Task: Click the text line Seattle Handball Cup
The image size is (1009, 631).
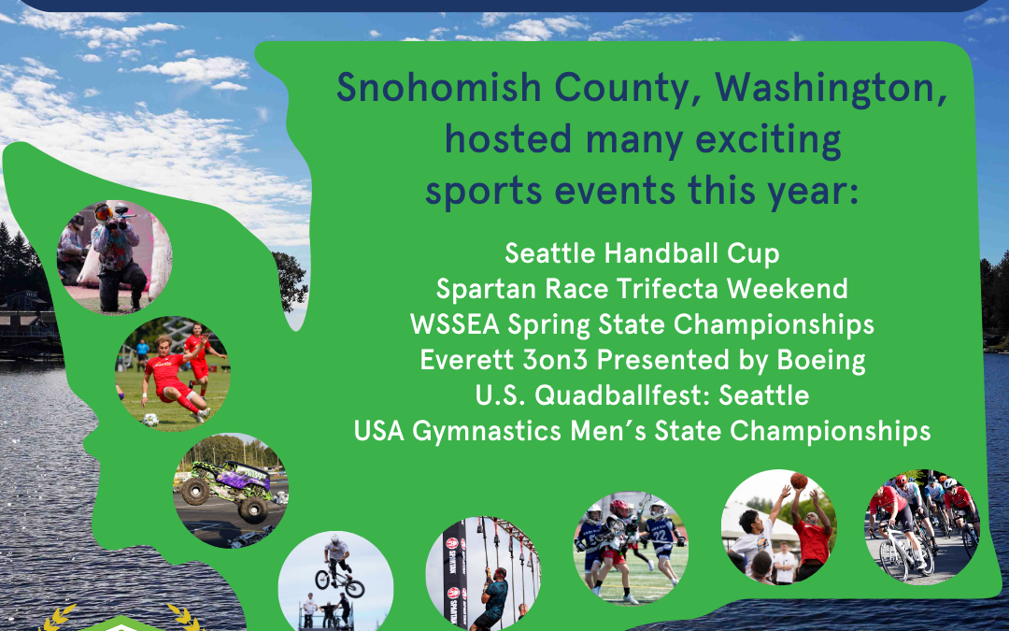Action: pos(642,252)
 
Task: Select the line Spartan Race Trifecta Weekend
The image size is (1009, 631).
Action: pos(642,288)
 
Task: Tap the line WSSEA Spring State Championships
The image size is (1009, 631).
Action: pos(642,323)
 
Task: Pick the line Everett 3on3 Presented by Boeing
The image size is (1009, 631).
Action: pos(642,359)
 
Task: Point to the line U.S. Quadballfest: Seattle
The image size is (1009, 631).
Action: pos(642,394)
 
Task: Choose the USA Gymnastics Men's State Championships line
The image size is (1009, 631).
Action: pos(642,431)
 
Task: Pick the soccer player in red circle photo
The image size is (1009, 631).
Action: pos(172,372)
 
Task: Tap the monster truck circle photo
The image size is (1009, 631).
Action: pos(231,491)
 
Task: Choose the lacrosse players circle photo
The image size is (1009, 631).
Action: pos(630,547)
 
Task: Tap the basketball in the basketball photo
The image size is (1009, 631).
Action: pos(799,480)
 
